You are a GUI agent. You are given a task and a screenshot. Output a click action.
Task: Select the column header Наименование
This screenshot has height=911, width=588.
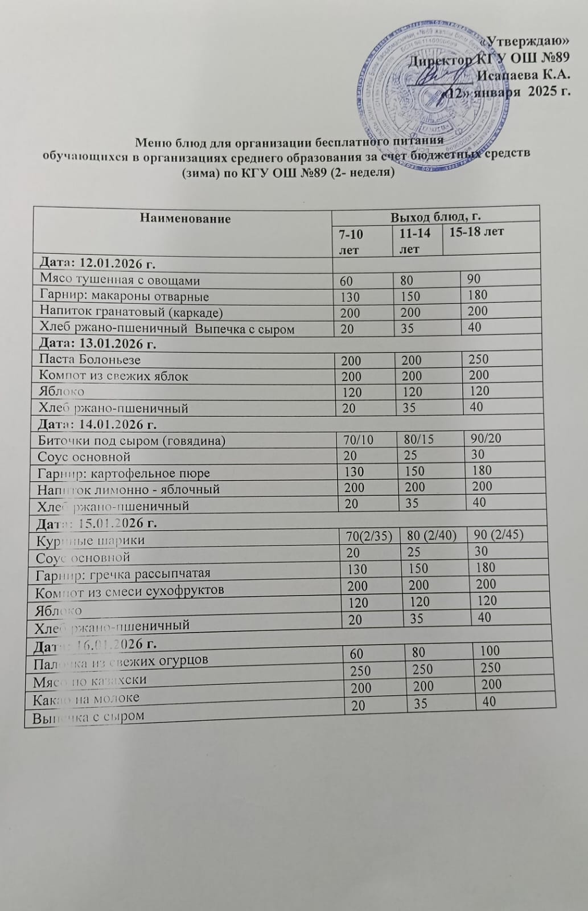coord(185,218)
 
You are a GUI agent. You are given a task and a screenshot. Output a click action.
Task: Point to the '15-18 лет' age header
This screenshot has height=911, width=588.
coord(476,231)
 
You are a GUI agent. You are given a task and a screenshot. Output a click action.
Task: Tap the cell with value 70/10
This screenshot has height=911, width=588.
coord(356,440)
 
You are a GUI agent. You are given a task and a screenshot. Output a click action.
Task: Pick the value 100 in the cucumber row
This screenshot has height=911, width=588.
coord(490,651)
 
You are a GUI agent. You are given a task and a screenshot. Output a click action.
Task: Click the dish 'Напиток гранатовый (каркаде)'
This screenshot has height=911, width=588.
coord(131,313)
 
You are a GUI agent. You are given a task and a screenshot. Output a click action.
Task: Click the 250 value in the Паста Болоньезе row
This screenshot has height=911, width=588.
coord(479,359)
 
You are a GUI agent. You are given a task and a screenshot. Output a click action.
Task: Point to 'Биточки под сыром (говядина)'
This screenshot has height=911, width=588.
coord(131,441)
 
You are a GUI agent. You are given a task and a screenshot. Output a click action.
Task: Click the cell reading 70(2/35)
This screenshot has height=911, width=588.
coord(365,536)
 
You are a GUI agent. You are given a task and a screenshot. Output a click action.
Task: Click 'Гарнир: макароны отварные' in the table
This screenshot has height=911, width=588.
coord(124,297)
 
